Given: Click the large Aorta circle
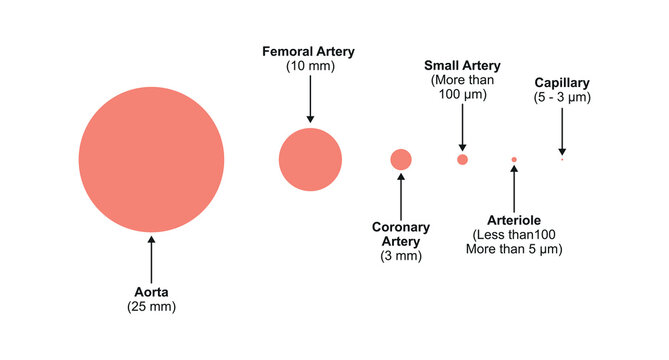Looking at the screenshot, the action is coord(151,160).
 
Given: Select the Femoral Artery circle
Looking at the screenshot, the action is coord(310,160).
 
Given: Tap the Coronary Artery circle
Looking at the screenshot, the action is coord(401,159).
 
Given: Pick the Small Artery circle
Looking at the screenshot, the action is coord(462,159).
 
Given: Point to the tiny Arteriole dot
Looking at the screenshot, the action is coord(514,160).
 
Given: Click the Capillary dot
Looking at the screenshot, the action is coord(562,159).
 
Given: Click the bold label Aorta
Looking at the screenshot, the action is coord(152,292).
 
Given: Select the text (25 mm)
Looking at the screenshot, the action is coord(152,307).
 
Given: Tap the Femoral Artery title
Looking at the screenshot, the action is coord(308,51).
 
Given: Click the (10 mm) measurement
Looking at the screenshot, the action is coord(308,66).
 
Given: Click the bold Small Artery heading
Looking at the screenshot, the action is coord(462,65).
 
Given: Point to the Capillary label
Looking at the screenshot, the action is coord(562,82).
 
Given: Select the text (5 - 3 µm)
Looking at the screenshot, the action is coord(562,97).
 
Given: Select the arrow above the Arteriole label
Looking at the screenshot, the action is coord(514,188).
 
